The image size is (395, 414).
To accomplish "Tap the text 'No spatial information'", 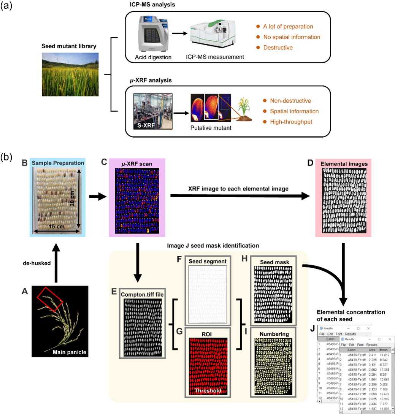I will [292, 37].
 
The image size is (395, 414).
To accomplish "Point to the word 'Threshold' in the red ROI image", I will [207, 390].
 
